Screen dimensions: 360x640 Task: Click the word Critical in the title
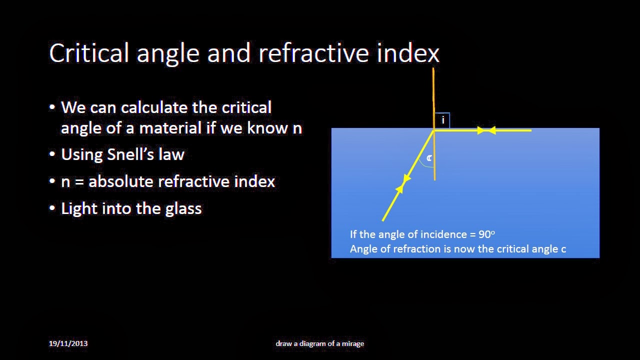tap(89, 53)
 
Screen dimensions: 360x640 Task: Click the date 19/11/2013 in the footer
tap(68, 343)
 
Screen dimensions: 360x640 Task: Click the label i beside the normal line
tap(442, 120)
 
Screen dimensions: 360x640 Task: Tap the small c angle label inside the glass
tap(429, 158)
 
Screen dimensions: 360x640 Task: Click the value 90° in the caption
tap(486, 234)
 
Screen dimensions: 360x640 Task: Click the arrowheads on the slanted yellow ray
tap(403, 183)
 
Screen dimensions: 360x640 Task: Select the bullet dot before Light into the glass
tap(52, 208)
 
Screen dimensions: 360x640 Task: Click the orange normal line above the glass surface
tap(433, 95)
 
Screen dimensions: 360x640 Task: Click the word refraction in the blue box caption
tap(417, 249)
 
